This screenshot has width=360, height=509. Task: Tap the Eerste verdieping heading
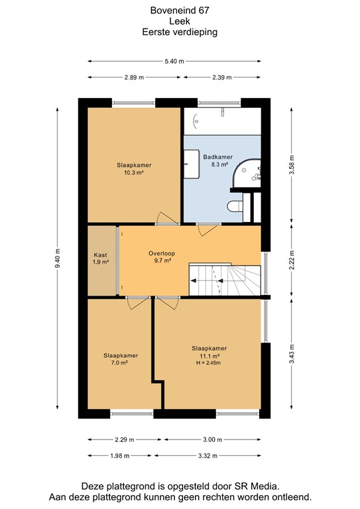180,31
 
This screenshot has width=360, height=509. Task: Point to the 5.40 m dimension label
174,62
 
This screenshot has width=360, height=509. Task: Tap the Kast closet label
101,254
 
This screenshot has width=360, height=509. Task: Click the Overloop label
160,253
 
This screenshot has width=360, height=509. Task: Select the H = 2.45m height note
209,363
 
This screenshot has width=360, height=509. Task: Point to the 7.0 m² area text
120,363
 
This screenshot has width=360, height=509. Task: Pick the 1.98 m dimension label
121,455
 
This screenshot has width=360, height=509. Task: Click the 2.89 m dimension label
134,78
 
